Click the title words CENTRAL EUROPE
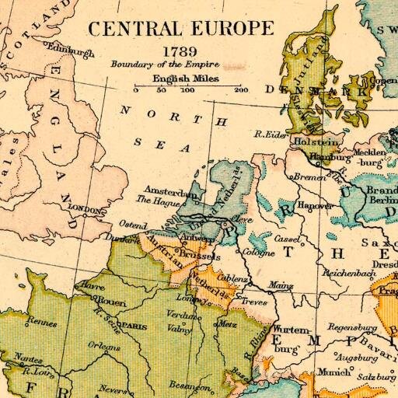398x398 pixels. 180,30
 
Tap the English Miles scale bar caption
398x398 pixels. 186,79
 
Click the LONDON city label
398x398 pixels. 86,209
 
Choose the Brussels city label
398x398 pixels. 200,253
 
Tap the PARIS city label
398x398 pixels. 134,326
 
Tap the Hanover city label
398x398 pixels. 316,206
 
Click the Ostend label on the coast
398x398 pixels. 133,224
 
